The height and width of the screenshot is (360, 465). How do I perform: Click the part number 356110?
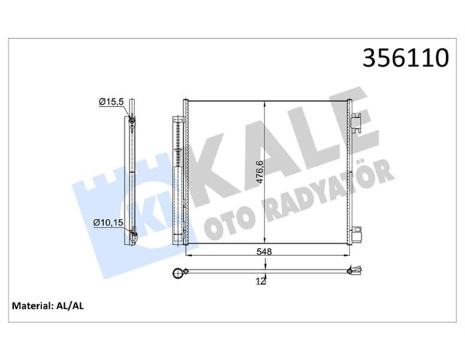click(x=405, y=57)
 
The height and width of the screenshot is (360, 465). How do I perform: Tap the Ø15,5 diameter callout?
click(x=111, y=102)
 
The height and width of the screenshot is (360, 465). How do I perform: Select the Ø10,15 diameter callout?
click(x=108, y=223)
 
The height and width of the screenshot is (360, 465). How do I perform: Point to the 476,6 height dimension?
click(x=259, y=172)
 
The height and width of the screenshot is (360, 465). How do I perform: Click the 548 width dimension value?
click(x=264, y=252)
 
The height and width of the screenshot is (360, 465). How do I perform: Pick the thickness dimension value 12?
click(x=261, y=281)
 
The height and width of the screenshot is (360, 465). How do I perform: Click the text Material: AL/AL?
click(x=48, y=305)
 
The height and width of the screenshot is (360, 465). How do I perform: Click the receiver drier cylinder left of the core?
click(x=178, y=180)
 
